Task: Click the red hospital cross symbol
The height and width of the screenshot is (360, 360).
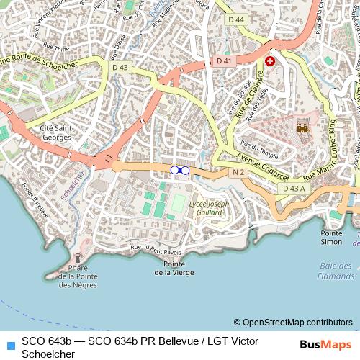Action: point(270,62)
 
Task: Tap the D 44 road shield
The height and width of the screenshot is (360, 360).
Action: point(235,19)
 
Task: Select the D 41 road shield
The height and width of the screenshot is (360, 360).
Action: point(225,61)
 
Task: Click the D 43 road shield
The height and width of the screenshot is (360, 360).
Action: point(120,67)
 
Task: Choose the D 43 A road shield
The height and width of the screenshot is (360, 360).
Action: point(294,188)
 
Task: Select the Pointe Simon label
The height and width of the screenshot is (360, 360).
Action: point(332,238)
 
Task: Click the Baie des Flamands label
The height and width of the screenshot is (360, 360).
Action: point(336,271)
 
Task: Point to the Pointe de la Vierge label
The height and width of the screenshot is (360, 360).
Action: point(174,268)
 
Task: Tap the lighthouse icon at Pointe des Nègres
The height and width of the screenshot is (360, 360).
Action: point(78,258)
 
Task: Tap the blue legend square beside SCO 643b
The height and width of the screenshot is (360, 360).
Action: point(9,339)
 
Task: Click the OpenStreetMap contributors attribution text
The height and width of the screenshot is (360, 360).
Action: point(293,322)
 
